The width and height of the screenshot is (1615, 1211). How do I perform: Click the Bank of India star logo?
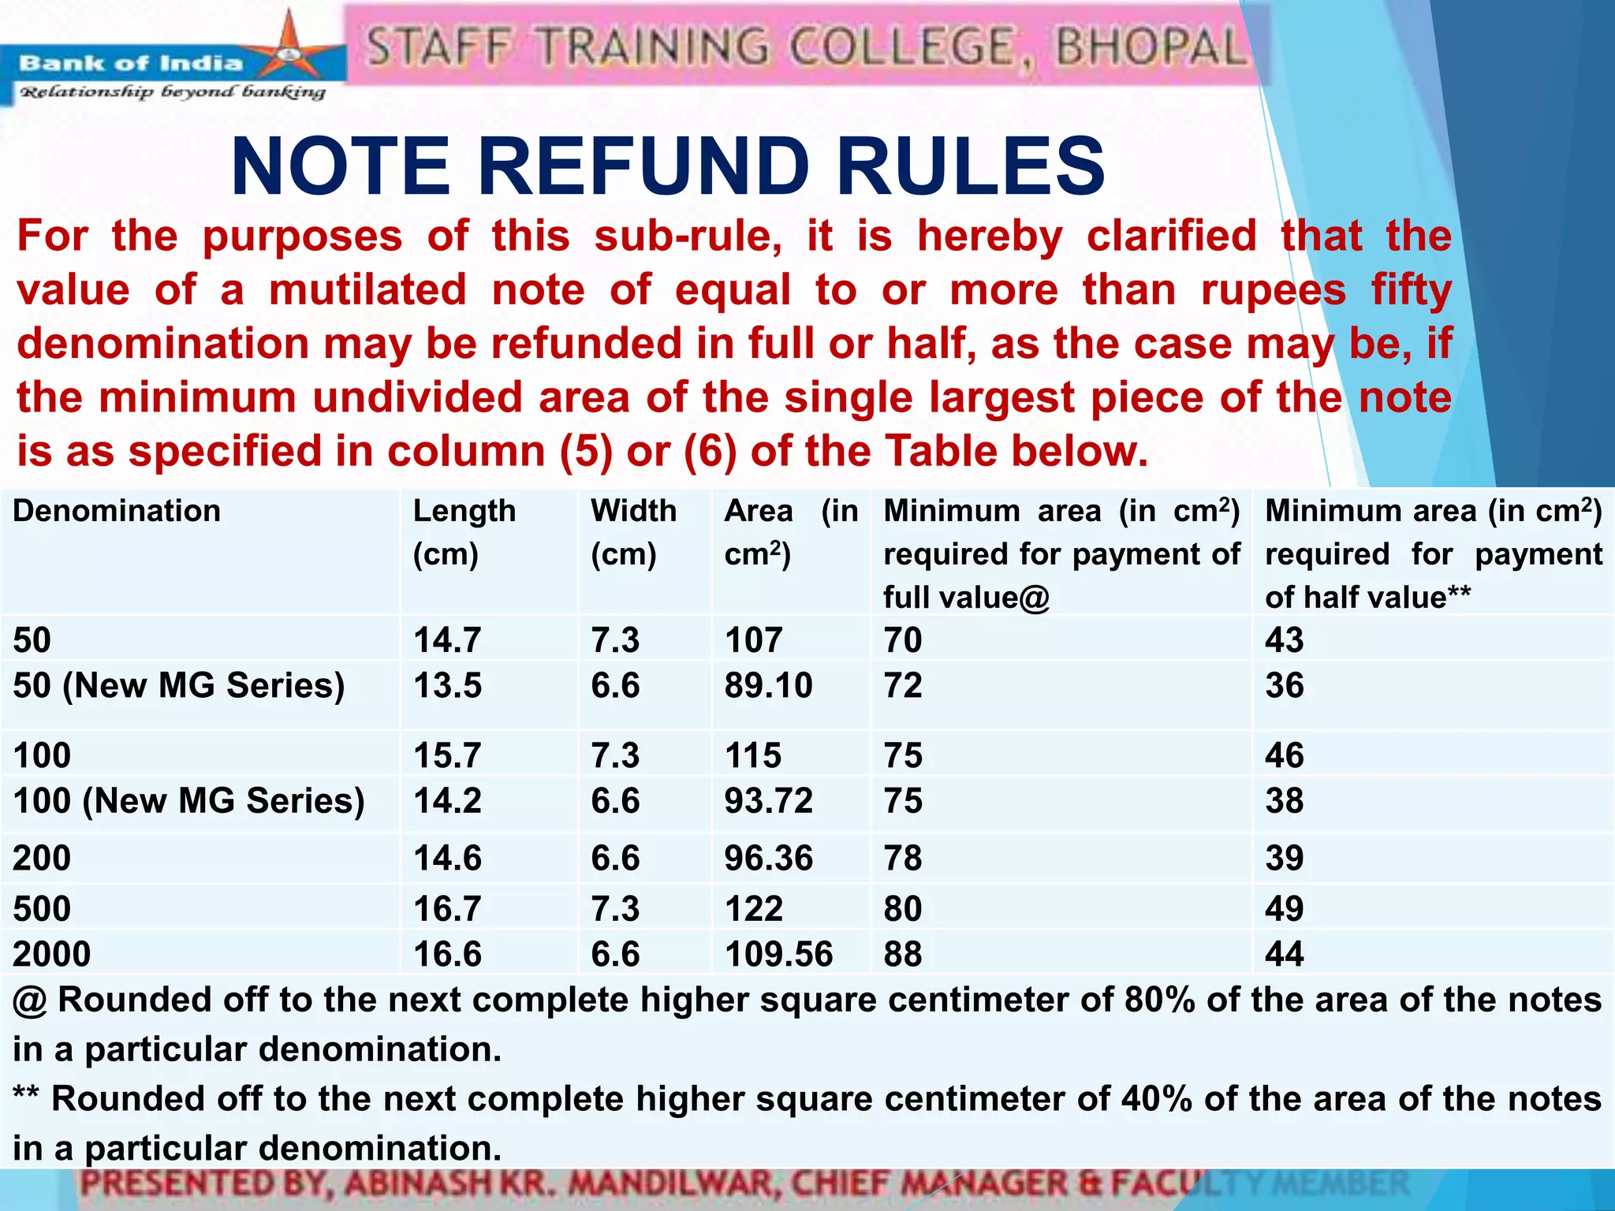289,49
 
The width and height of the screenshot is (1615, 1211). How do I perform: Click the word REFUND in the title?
643,166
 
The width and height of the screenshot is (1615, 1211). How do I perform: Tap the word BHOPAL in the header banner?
1150,47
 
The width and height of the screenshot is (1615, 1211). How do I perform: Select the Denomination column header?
117,511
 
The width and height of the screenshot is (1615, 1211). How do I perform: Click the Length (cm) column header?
464,532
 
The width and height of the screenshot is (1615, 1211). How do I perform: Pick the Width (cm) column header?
633,532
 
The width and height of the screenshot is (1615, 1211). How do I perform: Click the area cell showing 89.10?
768,685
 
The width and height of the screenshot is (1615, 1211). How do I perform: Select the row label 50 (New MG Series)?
179,685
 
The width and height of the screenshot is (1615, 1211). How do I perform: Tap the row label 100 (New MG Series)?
189,800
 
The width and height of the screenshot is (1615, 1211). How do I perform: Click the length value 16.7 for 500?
447,908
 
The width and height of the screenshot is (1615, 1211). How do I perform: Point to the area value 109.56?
778,954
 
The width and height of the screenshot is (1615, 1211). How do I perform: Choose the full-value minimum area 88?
903,954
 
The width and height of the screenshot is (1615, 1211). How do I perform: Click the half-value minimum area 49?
1285,908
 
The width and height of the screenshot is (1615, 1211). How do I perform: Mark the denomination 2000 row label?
52,954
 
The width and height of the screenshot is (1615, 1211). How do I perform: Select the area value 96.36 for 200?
768,858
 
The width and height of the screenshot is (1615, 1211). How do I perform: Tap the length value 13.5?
447,685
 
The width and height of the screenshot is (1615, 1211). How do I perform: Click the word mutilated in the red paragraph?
367,290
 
